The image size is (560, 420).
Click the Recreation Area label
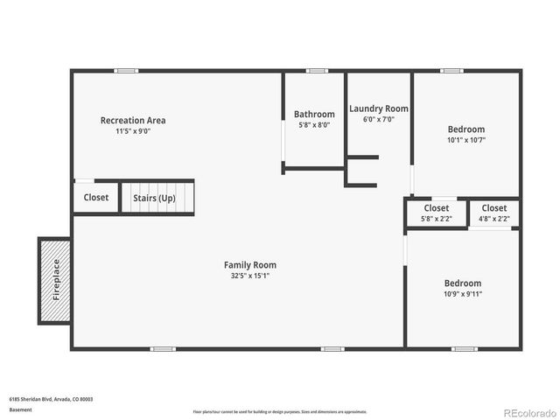[133, 121]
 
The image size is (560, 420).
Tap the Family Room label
[250, 265]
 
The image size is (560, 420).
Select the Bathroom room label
[314, 115]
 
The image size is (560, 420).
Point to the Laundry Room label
[379, 108]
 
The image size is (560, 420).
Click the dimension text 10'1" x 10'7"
[465, 140]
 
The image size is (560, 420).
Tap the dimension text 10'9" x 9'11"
[463, 294]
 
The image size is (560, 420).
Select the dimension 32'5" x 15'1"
[250, 276]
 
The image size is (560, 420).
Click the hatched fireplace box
[55, 280]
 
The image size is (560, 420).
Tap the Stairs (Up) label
[154, 198]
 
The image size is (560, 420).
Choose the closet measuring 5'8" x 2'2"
[436, 213]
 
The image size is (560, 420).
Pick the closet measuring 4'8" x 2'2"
[493, 213]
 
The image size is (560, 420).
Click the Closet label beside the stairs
[96, 198]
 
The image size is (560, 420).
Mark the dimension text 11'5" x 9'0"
[133, 131]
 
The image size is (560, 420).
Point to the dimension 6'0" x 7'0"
[379, 119]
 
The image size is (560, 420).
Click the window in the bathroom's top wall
[317, 71]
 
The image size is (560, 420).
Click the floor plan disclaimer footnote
[280, 411]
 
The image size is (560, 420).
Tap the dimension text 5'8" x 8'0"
[314, 125]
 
